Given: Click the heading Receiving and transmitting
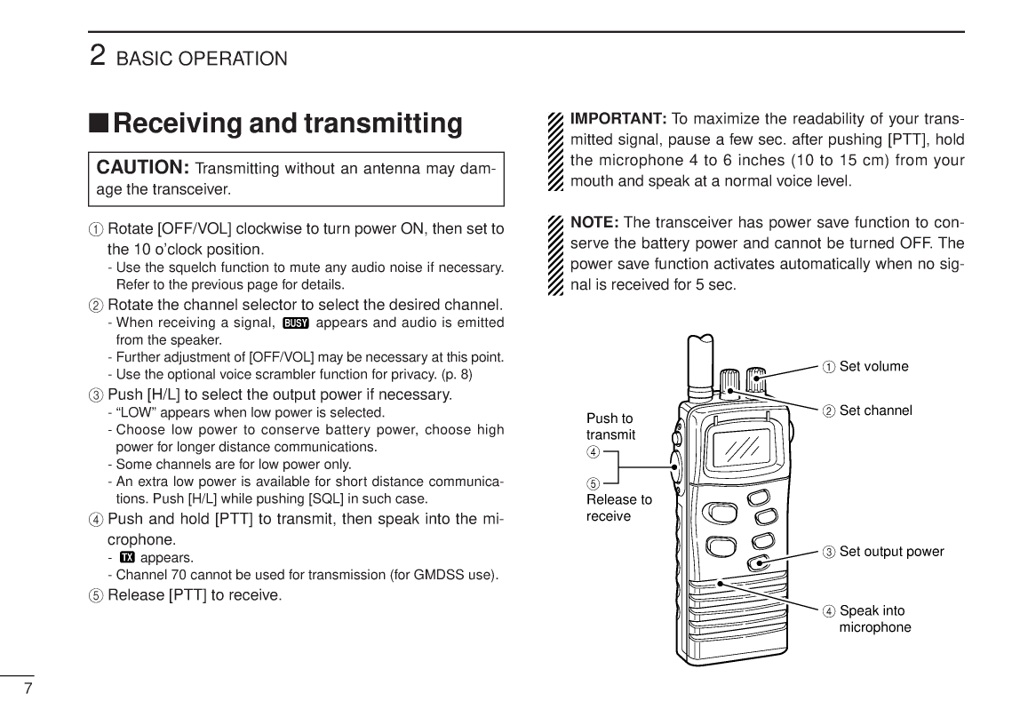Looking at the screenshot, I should tap(287, 123).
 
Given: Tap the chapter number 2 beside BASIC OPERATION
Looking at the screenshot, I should tap(99, 55).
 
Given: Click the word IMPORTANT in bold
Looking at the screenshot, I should tap(618, 119).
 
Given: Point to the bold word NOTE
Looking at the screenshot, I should tap(594, 222).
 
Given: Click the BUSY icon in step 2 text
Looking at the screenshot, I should tap(295, 323).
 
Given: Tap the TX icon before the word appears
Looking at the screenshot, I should tap(126, 558).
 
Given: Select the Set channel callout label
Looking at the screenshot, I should tap(875, 410).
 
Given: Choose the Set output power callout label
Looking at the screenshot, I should tap(891, 551).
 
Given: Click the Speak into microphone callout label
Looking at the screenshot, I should tap(874, 618).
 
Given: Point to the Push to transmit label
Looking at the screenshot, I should tap(610, 426).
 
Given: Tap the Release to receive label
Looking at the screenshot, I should tap(618, 507).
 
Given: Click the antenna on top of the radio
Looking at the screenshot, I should tap(700, 364).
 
